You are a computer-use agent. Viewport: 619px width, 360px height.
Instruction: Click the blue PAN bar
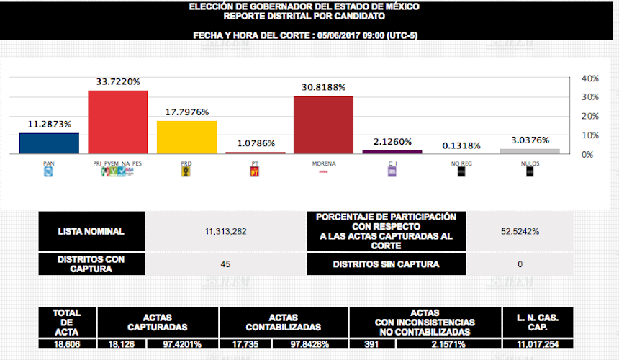[49, 143]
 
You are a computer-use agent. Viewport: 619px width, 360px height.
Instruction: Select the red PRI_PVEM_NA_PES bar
[117, 122]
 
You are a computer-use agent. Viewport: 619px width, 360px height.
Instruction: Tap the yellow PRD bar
[186, 137]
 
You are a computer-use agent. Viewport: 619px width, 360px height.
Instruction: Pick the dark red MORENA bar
[323, 125]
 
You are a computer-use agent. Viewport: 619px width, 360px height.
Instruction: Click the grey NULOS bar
[530, 150]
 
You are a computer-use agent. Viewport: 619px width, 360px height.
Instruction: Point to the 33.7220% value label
[118, 82]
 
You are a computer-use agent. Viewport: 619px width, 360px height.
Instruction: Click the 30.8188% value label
[323, 87]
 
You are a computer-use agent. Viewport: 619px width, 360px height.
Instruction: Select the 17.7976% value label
[186, 112]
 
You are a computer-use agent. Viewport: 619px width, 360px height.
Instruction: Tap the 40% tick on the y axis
[590, 78]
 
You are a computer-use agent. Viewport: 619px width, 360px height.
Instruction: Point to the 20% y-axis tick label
[590, 117]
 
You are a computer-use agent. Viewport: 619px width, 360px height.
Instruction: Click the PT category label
[255, 163]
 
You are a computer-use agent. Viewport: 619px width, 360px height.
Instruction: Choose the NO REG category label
[461, 163]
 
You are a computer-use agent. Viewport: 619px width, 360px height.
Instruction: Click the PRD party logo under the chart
[186, 172]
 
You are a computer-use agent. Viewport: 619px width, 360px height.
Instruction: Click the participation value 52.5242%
[520, 231]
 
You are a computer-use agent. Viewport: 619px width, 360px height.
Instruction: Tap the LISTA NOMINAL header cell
[91, 231]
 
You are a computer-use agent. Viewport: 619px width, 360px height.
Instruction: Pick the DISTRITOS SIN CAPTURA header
[386, 264]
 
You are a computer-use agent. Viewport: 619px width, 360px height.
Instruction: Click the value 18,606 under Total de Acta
[67, 344]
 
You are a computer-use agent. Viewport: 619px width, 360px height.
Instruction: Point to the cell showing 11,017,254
[538, 344]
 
